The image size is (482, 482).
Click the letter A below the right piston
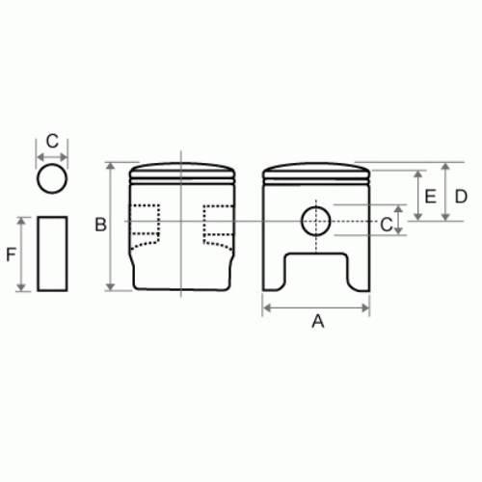click(317, 323)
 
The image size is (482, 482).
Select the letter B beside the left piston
click(99, 225)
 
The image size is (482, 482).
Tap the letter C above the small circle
click(53, 140)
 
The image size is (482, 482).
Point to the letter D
click(461, 196)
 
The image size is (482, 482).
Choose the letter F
click(11, 254)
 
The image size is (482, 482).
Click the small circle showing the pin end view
click(53, 179)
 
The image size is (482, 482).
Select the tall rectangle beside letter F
click(53, 254)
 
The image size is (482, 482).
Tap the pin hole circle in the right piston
click(316, 222)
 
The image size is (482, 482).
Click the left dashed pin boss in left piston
click(145, 227)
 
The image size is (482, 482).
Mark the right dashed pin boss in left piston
click(218, 225)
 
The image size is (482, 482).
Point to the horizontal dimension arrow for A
click(317, 308)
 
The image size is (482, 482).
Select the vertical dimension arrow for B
click(113, 225)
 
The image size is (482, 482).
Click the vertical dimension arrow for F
click(23, 254)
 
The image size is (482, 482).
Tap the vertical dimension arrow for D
click(446, 191)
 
